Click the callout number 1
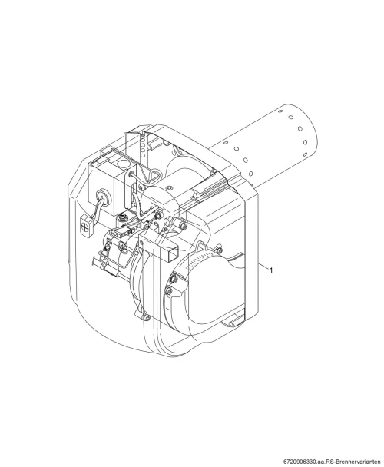point(271,270)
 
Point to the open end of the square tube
point(172,250)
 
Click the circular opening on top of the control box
point(122,164)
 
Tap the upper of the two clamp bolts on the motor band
point(174,279)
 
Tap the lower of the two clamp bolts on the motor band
point(169,291)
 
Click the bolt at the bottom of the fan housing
point(146,318)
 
